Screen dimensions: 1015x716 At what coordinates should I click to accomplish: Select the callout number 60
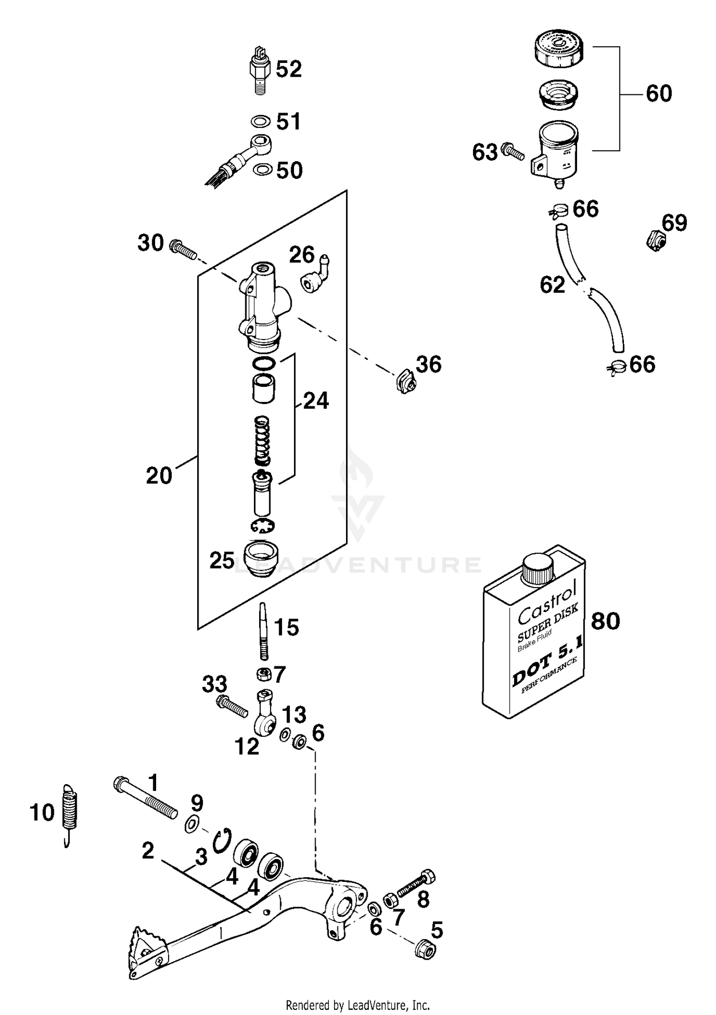point(658,93)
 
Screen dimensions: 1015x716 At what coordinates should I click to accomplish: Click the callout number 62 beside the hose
point(552,285)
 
